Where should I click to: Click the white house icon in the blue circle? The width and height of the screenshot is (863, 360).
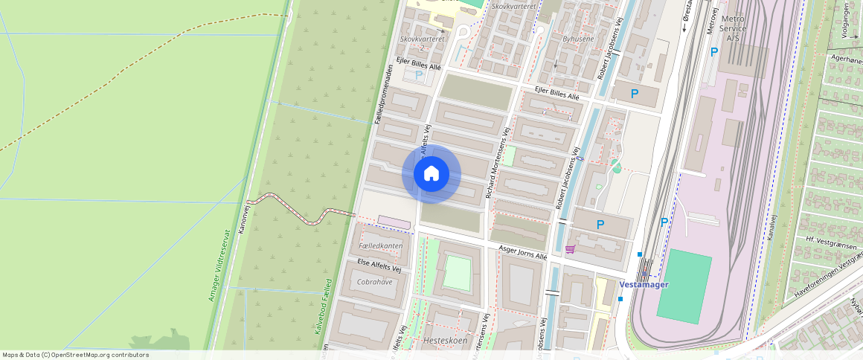(431, 174)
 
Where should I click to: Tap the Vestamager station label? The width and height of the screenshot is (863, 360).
(644, 284)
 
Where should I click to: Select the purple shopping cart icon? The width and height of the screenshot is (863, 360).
(571, 249)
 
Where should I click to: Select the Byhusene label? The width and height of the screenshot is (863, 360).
(578, 38)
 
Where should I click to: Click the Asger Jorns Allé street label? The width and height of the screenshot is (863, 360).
(522, 254)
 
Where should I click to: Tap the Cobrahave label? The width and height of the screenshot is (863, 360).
(374, 283)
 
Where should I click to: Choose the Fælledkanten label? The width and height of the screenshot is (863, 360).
(380, 245)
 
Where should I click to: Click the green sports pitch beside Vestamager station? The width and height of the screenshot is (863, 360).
(684, 286)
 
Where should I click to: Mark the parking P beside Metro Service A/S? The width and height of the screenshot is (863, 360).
(713, 52)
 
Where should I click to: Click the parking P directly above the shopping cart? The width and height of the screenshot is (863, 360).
(601, 224)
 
